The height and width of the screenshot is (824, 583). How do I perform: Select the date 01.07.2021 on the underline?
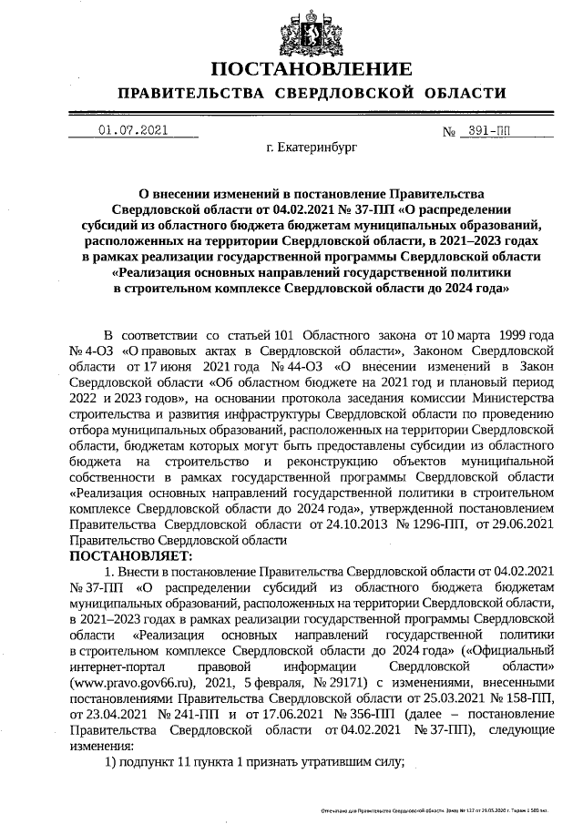click(x=133, y=130)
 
